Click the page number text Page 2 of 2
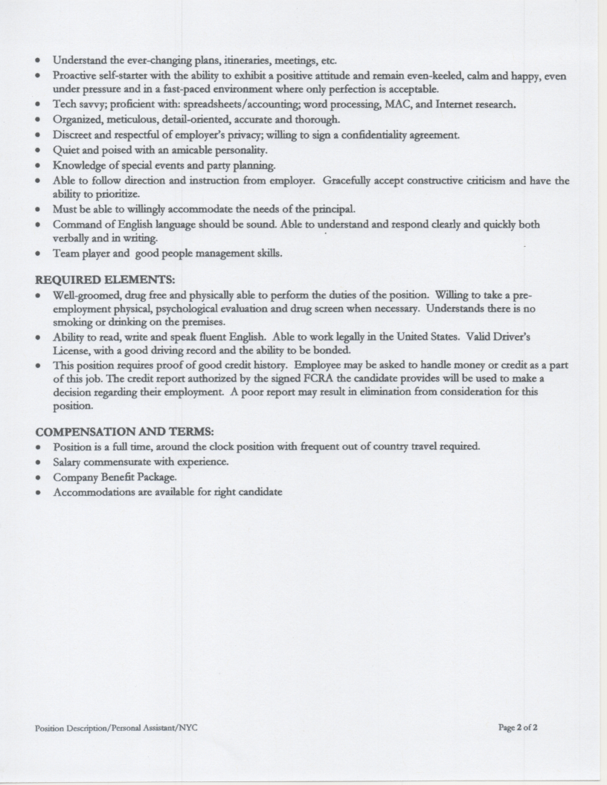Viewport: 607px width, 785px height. [518, 727]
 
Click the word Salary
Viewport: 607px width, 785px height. [70, 462]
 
